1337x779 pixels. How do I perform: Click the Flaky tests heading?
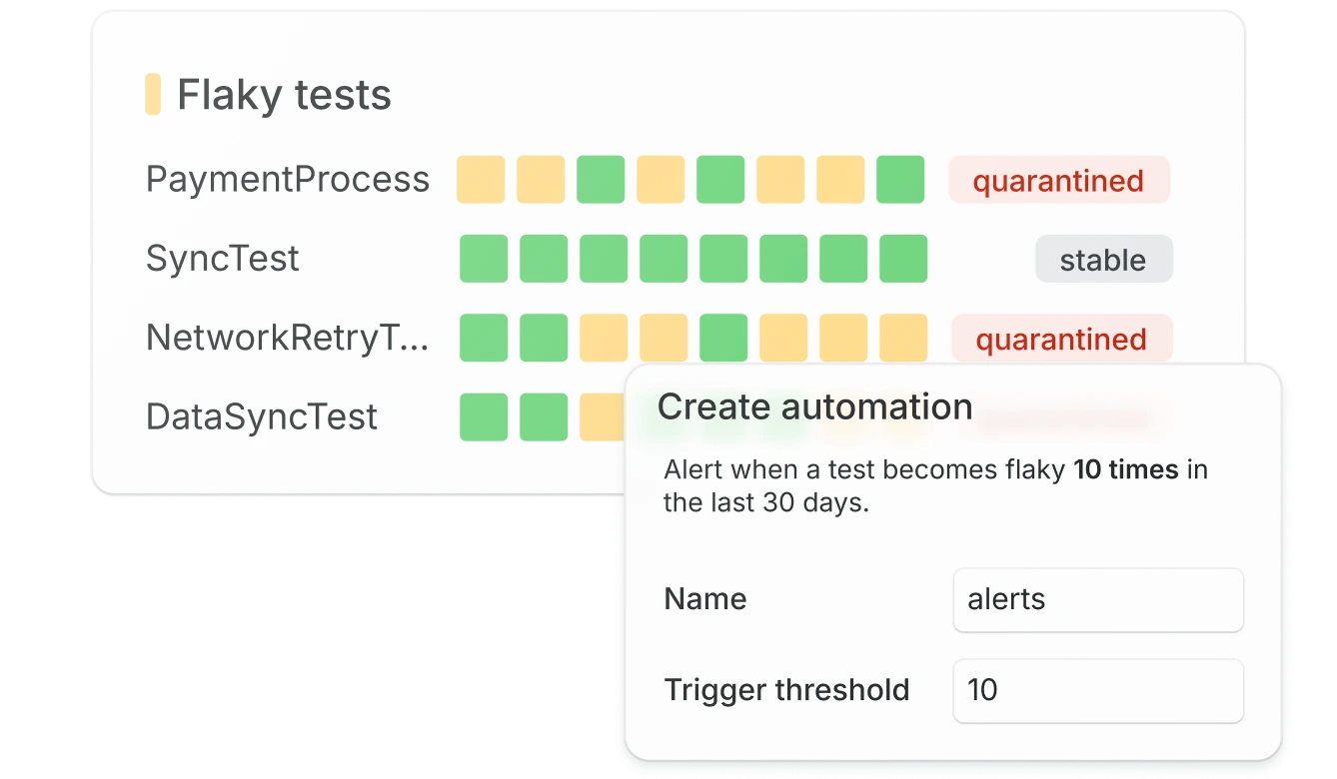(x=284, y=95)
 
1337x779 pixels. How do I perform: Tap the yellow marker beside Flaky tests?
(x=153, y=94)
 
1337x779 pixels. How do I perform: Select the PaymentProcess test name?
(x=288, y=180)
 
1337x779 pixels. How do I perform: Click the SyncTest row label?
(x=223, y=259)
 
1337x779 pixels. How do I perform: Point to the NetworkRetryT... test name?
(x=288, y=338)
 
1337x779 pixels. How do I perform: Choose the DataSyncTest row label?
(x=262, y=416)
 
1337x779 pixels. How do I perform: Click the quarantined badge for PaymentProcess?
(x=1058, y=181)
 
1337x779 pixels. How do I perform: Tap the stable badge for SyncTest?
(x=1103, y=260)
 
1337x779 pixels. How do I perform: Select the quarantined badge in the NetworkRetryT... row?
(x=1060, y=340)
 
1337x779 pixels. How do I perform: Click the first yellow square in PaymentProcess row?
(x=481, y=180)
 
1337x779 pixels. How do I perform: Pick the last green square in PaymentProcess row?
(x=900, y=180)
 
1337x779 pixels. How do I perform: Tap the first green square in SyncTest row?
(x=484, y=259)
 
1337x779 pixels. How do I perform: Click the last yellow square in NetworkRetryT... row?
(x=903, y=338)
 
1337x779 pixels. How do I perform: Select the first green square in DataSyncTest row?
(x=484, y=416)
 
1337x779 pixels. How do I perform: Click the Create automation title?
(x=814, y=406)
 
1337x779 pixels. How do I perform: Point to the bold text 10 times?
(x=1126, y=469)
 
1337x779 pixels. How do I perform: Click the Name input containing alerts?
(x=1098, y=600)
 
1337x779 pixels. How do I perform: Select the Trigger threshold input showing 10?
(x=1098, y=690)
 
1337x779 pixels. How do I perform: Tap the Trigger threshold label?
(x=786, y=690)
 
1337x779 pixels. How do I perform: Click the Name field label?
(x=704, y=599)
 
